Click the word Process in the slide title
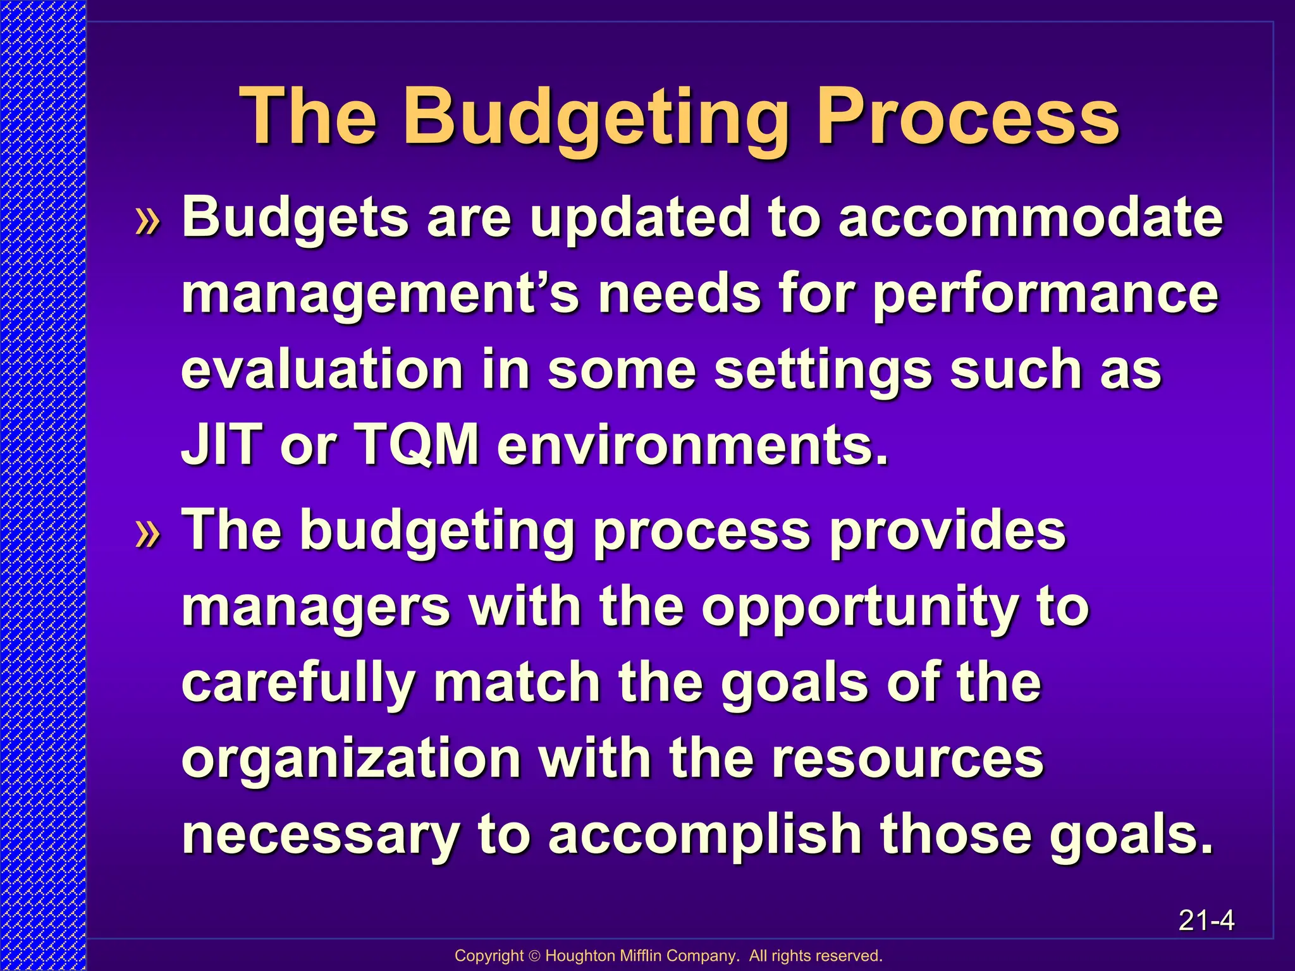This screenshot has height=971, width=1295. tap(967, 118)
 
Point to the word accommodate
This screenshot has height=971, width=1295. tap(1030, 218)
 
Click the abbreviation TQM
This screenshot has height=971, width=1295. tap(417, 444)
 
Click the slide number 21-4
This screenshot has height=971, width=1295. tap(1206, 920)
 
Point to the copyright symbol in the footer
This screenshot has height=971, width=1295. tap(534, 956)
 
